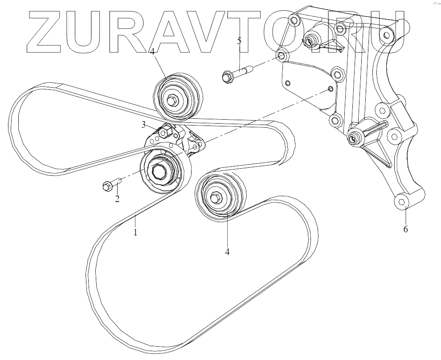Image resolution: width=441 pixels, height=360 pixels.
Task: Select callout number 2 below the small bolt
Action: click(x=117, y=198)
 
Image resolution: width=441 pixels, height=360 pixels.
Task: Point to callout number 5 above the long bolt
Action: click(x=239, y=41)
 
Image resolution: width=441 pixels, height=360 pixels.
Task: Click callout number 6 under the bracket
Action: click(x=405, y=230)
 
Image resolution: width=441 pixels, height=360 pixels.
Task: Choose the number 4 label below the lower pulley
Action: click(x=227, y=251)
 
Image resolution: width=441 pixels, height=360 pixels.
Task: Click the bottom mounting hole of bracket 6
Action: click(x=402, y=202)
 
